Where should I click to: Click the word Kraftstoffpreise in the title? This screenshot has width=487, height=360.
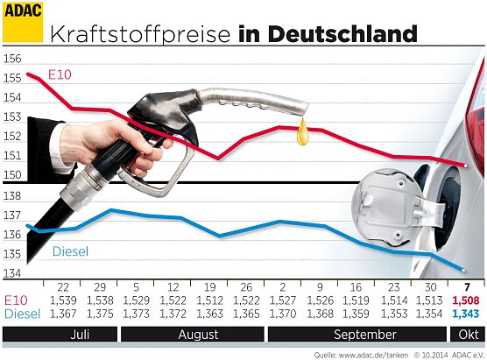point(141,34)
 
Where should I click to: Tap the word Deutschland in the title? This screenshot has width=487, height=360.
point(341,34)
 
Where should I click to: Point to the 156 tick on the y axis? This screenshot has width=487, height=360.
point(12,60)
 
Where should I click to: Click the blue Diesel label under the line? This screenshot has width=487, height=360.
point(71,251)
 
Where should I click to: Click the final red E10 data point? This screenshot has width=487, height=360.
point(473,165)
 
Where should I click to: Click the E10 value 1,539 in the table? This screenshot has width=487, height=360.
point(62,300)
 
